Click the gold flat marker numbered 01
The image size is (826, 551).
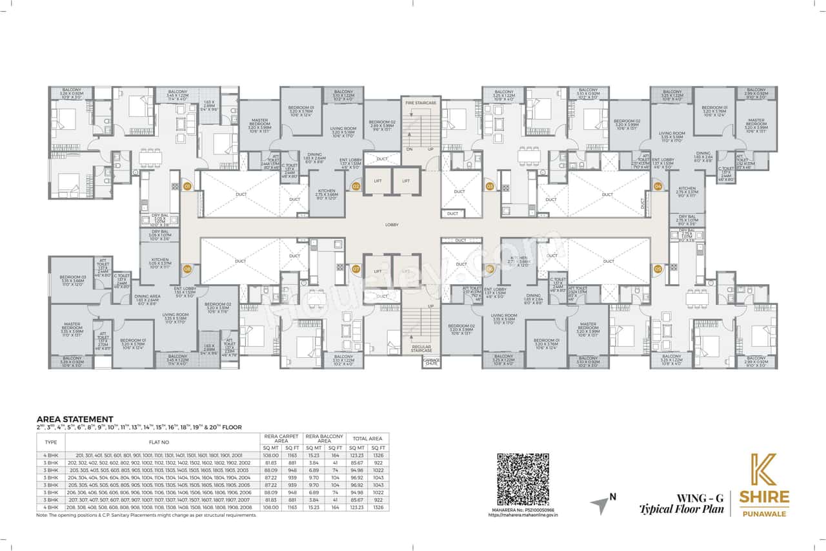(x=188, y=186)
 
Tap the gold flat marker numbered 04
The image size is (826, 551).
(x=658, y=186)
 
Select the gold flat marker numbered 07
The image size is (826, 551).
(x=356, y=268)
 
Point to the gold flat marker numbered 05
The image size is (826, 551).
(x=658, y=268)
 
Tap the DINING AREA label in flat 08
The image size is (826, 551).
(x=147, y=297)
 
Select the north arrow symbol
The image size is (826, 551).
(x=601, y=504)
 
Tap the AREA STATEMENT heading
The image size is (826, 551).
(x=75, y=419)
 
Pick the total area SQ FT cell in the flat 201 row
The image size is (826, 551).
(x=378, y=455)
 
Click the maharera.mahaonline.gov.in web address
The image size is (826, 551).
(x=523, y=515)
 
